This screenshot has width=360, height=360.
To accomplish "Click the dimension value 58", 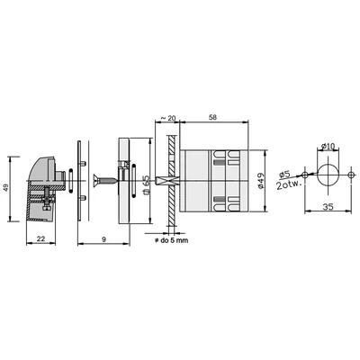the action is coord(212,117).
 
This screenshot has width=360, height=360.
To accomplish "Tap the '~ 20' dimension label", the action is coord(167,118).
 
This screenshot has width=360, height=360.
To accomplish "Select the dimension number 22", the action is coord(40,238).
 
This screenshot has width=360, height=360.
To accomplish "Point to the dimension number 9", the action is coord(103,239).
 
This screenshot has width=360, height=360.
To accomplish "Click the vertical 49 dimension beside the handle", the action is coord(5,189).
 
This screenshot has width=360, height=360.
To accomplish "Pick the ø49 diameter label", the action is coord(260,181).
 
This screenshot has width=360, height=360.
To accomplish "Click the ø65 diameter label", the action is coord(147,184).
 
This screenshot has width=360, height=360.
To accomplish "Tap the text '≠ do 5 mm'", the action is coord(171,240).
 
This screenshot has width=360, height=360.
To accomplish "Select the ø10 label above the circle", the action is coord(328,147).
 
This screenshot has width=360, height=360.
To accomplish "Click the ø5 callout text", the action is coord(283,174).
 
